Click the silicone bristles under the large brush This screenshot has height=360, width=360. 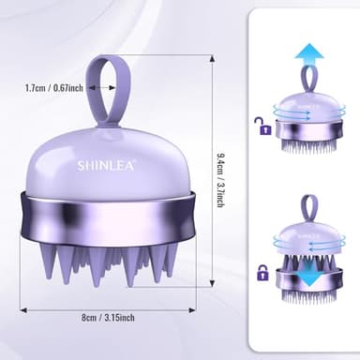click(x=112, y=266)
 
